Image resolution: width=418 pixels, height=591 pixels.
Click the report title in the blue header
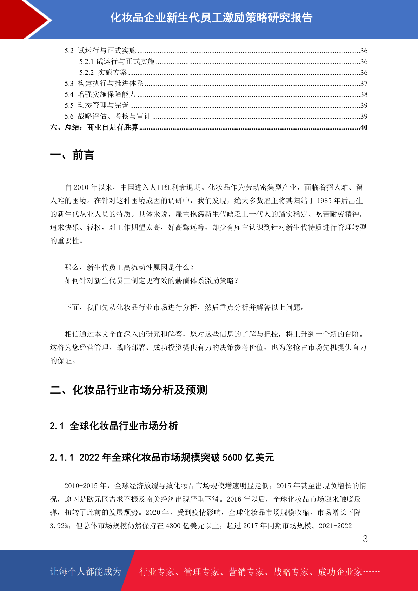click(211, 18)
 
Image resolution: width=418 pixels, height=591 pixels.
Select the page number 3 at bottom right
click(365, 539)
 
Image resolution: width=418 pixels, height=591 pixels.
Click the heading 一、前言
click(72, 155)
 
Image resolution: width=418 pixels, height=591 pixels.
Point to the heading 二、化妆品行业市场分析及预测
click(128, 390)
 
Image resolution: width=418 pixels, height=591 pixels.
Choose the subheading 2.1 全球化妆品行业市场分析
click(114, 426)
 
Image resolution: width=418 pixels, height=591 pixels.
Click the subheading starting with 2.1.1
click(162, 458)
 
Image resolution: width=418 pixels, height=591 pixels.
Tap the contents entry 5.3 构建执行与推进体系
click(104, 84)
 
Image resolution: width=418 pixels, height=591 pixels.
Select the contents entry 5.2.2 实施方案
click(103, 73)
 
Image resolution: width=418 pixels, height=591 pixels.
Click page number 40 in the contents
click(364, 127)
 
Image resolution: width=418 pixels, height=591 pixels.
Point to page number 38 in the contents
click(364, 94)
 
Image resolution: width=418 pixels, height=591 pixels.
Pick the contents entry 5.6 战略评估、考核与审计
click(107, 116)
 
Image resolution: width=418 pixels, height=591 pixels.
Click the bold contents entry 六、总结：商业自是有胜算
click(94, 127)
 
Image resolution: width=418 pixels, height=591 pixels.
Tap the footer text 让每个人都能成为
click(86, 572)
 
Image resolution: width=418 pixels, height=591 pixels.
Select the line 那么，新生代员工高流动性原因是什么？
click(130, 267)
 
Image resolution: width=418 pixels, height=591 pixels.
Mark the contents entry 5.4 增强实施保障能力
click(100, 94)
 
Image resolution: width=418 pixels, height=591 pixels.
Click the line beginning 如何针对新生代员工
click(152, 281)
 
